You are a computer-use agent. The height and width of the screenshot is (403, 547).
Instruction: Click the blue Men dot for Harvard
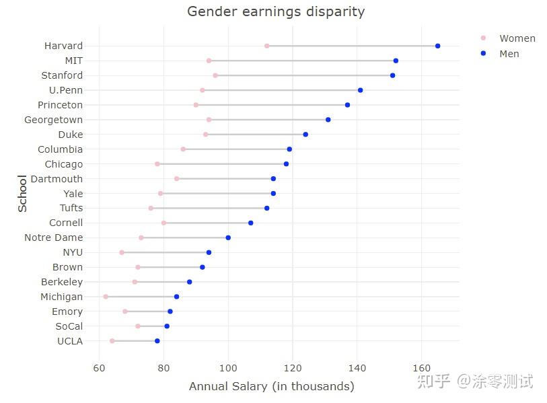pos(437,46)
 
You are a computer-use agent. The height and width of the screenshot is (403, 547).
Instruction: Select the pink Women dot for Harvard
pos(267,46)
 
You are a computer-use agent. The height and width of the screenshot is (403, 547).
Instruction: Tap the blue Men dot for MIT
pos(396,61)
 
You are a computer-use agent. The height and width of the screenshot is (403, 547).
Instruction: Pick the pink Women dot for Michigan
pos(106,297)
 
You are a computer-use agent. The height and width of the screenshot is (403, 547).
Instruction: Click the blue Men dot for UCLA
pos(157,341)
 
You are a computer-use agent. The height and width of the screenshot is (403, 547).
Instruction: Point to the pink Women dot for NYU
pos(122,252)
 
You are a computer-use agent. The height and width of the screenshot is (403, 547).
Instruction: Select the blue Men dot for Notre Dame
pos(228,237)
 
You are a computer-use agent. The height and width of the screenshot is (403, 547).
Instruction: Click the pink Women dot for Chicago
pos(157,164)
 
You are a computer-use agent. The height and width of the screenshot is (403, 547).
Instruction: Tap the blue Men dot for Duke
pos(305,135)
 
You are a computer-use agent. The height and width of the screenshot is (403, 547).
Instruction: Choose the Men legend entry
pos(509,54)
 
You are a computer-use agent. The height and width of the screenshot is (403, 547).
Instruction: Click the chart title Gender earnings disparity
pos(276,11)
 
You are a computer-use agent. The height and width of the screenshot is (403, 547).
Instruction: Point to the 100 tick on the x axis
pos(228,368)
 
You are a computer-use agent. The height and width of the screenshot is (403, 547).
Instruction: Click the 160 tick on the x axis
pos(421,368)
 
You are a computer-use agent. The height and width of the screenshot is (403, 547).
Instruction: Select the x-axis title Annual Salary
pos(271,386)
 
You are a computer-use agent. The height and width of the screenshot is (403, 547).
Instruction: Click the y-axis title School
pos(23,193)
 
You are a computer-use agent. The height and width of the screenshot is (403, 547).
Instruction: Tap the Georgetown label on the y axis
pos(53,120)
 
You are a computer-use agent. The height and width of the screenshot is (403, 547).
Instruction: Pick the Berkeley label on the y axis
pos(62,282)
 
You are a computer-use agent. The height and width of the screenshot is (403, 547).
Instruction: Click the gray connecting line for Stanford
pos(303,75)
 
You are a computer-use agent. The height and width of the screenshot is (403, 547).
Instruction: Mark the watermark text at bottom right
pos(475,381)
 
